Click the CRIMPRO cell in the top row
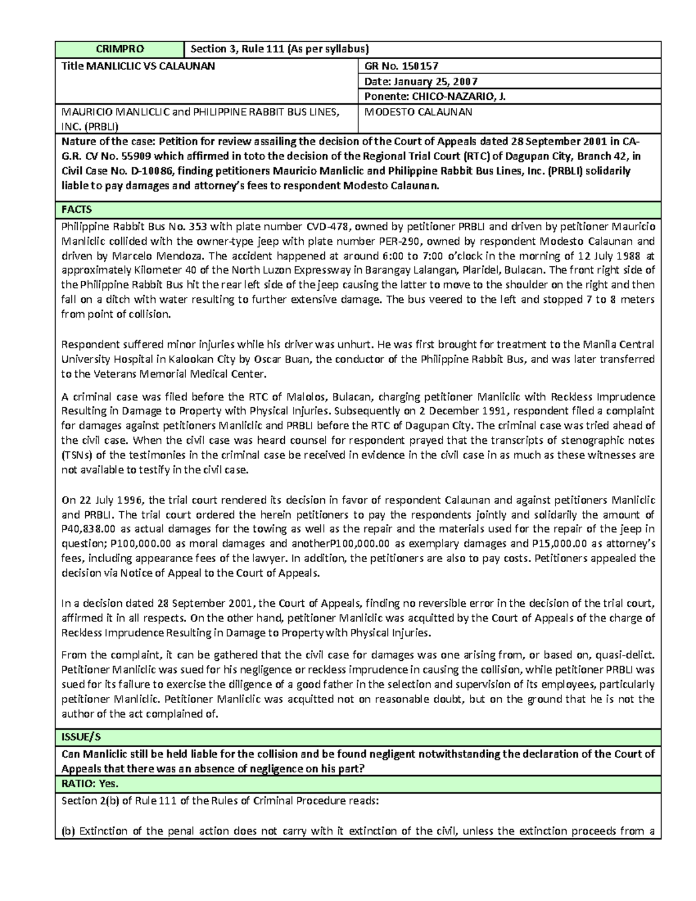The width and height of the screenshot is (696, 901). pyautogui.click(x=119, y=49)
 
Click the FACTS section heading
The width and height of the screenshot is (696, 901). pyautogui.click(x=77, y=209)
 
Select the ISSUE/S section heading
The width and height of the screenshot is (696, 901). pyautogui.click(x=81, y=737)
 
